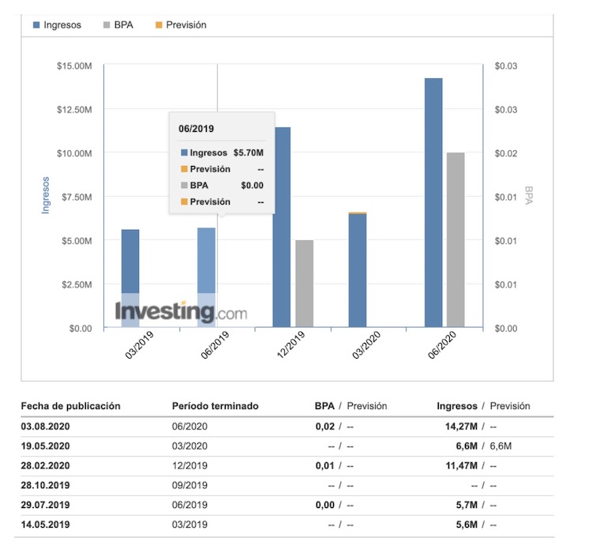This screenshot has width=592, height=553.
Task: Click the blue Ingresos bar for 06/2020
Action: (x=433, y=202)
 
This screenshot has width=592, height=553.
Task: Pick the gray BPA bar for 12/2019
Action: (x=304, y=284)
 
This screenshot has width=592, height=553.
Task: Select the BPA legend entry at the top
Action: (x=118, y=25)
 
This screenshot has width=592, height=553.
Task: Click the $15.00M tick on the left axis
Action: (x=75, y=66)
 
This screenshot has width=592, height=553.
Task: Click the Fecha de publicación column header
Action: (x=70, y=406)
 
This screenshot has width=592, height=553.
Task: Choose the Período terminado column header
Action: (x=215, y=406)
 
